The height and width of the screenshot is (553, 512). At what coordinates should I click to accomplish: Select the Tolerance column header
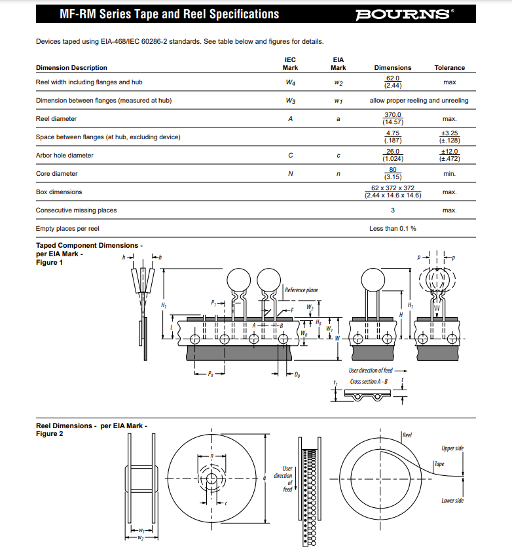tap(449, 68)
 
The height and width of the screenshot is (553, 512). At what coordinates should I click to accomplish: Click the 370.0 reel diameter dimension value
tap(393, 115)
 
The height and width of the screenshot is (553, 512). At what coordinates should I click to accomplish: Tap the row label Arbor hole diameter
tap(64, 156)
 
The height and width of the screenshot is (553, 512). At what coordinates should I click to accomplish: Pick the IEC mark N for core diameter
tap(290, 174)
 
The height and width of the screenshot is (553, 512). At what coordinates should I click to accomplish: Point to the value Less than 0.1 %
tap(393, 229)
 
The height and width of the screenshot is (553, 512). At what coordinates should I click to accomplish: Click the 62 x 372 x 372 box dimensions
tap(393, 188)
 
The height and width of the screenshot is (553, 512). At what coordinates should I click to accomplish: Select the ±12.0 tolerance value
tap(449, 152)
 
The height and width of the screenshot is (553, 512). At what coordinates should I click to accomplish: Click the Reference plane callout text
tap(301, 290)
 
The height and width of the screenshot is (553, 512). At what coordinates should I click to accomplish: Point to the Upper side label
tap(452, 448)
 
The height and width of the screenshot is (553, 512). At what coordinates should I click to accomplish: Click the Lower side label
tap(452, 501)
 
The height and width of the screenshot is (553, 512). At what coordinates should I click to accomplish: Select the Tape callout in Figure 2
tap(440, 464)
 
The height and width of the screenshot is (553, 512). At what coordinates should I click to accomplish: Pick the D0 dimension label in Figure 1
tap(297, 375)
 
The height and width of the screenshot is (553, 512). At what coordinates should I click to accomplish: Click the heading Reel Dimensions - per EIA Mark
tap(91, 426)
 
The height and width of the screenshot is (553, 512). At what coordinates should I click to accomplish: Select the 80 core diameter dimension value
tap(393, 170)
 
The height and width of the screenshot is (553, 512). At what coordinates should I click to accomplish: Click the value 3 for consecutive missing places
tap(393, 210)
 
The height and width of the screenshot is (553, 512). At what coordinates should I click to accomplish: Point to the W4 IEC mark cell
tap(290, 82)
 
